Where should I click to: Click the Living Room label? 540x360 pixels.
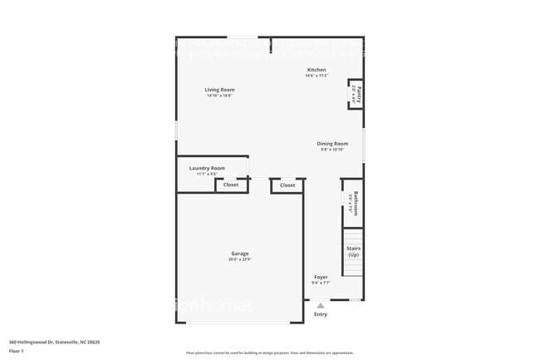tap(220, 90)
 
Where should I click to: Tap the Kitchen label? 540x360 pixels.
tap(317, 70)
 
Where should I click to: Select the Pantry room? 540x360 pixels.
tap(356, 94)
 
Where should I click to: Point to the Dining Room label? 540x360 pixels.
tap(331, 143)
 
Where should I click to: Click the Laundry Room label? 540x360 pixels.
tap(207, 168)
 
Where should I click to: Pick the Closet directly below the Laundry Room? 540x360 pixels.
tap(231, 185)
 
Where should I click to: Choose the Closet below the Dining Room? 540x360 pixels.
tap(287, 185)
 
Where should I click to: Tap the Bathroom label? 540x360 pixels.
tap(355, 204)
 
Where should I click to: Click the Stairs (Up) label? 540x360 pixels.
tap(353, 251)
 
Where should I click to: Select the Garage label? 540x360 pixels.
tap(239, 254)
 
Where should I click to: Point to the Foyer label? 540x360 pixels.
tap(321, 277)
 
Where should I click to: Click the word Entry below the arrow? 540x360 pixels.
tap(321, 314)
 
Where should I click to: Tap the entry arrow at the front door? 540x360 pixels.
tap(321, 305)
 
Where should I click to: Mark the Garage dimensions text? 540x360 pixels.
tap(239, 260)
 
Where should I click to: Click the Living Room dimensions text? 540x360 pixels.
tap(220, 96)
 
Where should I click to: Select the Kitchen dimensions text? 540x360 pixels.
tap(317, 76)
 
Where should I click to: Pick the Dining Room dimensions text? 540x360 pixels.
tap(331, 150)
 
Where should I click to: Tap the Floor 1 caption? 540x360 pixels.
tap(16, 351)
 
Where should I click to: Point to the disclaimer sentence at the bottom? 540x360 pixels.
tap(270, 354)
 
